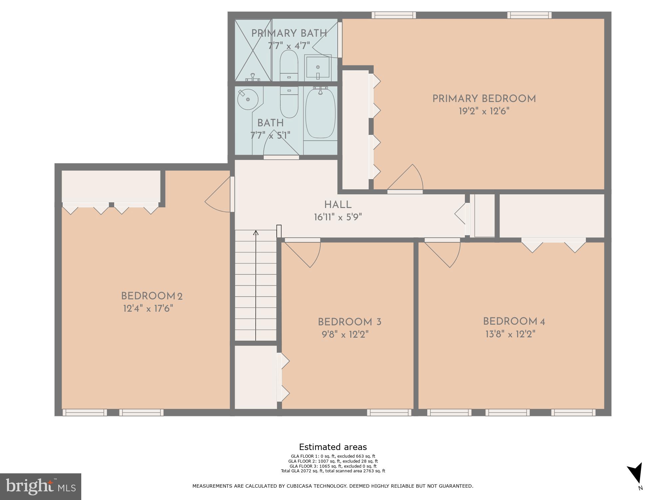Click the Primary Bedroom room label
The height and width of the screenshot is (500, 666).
pos(484,99)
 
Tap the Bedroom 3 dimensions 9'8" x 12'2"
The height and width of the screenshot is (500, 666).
pos(345,334)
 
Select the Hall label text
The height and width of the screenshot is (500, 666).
pos(338,205)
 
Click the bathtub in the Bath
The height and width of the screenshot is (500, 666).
pos(320,113)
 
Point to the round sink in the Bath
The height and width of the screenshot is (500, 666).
pos(247,99)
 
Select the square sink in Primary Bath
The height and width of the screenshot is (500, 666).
pos(318,68)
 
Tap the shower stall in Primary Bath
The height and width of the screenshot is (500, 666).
pos(253,50)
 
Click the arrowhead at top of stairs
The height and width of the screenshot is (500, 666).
pos(256,233)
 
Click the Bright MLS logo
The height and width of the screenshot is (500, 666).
pos(40,487)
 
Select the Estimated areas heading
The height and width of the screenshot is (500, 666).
pos(333,447)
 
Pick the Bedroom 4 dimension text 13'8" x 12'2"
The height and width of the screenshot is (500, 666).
pos(510,334)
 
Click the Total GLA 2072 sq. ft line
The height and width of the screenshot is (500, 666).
pos(333,471)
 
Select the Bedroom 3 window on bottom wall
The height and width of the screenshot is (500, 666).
pos(389,413)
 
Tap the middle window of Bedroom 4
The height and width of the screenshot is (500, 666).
pos(507,413)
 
